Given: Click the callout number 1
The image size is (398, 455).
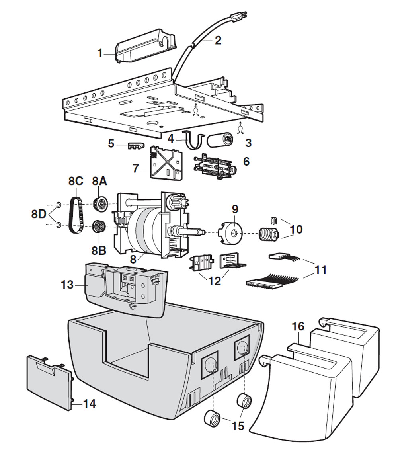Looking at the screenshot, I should pyautogui.click(x=100, y=53).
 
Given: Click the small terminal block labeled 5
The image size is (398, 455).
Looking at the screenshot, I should pyautogui.click(x=135, y=147).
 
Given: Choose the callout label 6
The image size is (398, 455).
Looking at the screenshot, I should pyautogui.click(x=246, y=161).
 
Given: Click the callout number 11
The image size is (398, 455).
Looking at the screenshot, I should pyautogui.click(x=320, y=270).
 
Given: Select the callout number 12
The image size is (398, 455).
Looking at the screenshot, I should pyautogui.click(x=215, y=281).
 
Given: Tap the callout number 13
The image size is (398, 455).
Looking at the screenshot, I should pyautogui.click(x=67, y=285).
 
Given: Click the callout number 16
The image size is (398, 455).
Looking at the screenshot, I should pyautogui.click(x=298, y=327).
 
